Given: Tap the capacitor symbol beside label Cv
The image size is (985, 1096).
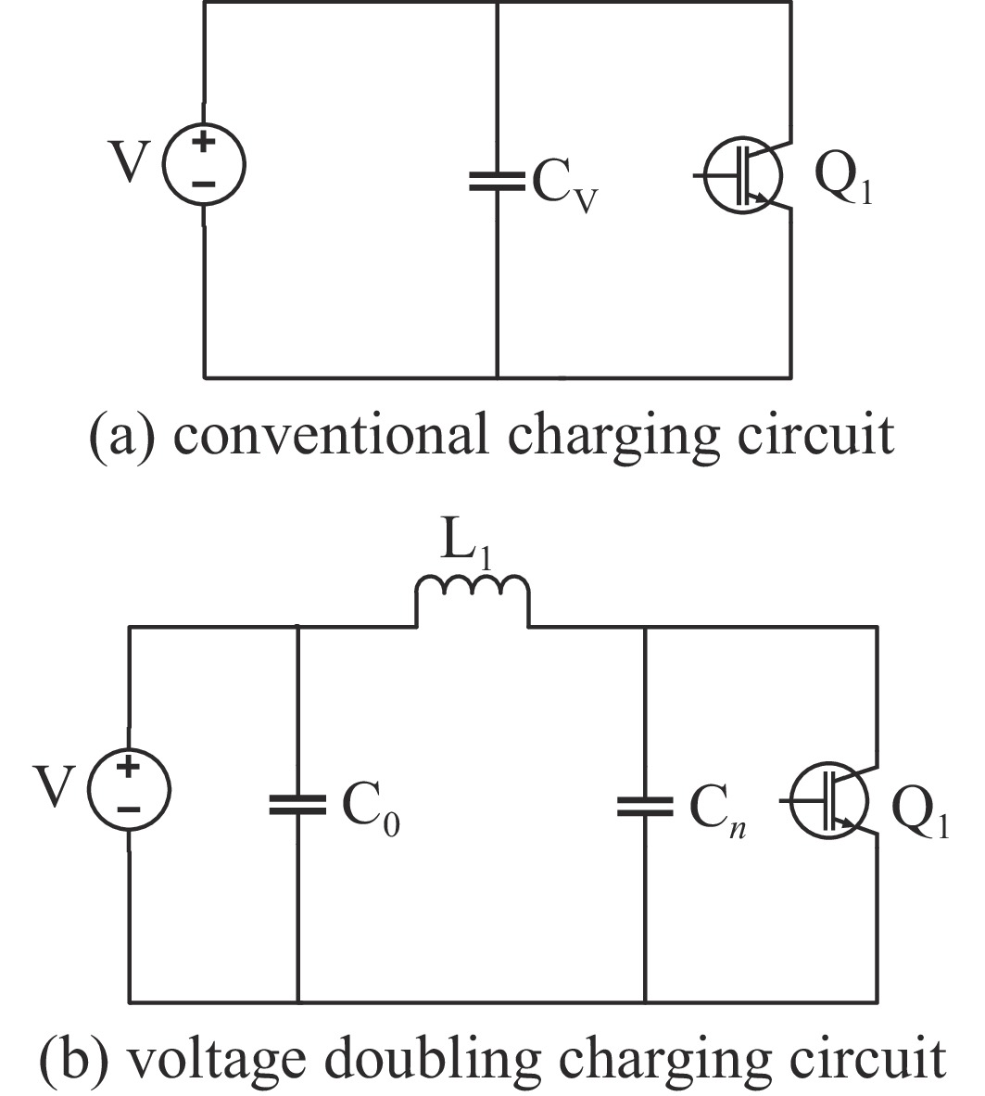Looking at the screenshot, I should [x=498, y=180].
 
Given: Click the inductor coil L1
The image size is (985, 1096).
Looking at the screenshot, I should [x=473, y=593].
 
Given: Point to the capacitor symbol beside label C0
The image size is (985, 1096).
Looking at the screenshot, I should [x=297, y=804].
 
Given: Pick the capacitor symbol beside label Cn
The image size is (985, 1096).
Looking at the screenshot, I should [x=645, y=804].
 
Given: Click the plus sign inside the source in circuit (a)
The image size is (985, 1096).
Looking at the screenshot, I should [x=204, y=145].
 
